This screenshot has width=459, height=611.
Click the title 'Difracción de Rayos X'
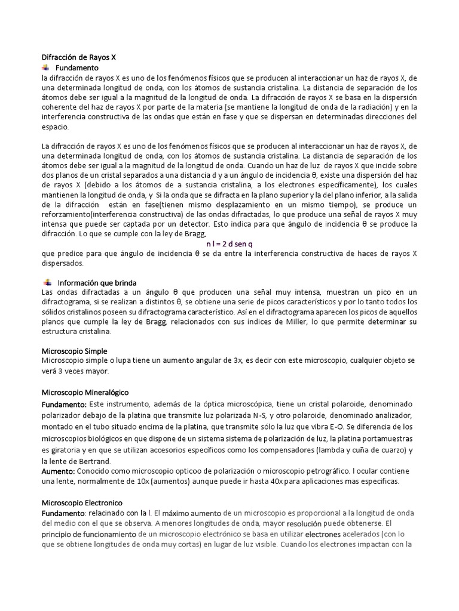pyautogui.click(x=78, y=58)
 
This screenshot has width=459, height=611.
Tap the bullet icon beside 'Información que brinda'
pyautogui.click(x=47, y=282)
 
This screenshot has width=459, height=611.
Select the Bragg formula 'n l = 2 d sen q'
pyautogui.click(x=229, y=244)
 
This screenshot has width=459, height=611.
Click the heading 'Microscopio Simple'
pyautogui.click(x=74, y=351)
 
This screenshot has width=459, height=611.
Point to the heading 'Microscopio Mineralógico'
pyautogui.click(x=85, y=392)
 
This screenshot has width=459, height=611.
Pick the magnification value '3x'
pyautogui.click(x=237, y=361)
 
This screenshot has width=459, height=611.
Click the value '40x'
pyautogui.click(x=261, y=482)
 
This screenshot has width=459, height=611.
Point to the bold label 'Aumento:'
pyautogui.click(x=58, y=471)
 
